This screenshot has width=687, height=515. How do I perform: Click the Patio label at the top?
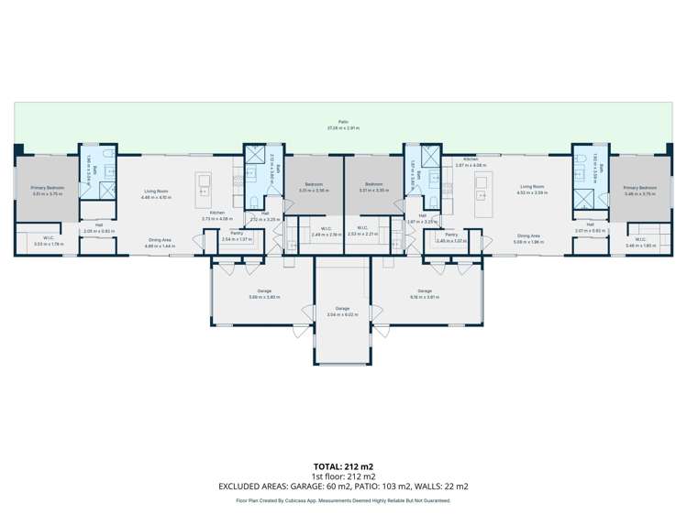(343, 122)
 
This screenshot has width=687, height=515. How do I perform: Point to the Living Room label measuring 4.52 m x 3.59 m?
(532, 189)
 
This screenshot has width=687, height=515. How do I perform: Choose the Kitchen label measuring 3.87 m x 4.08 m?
(470, 161)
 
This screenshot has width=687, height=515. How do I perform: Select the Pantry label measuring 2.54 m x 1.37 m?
(237, 236)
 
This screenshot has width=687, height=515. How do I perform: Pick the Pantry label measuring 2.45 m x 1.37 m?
(451, 237)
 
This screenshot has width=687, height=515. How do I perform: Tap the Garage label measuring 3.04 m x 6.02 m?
(342, 311)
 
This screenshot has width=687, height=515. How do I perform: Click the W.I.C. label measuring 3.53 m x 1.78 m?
(47, 242)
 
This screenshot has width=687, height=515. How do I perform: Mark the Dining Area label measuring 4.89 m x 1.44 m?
(160, 242)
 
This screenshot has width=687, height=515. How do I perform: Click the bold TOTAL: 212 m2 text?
(343, 466)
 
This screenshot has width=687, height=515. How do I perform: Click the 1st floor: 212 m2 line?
(343, 476)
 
